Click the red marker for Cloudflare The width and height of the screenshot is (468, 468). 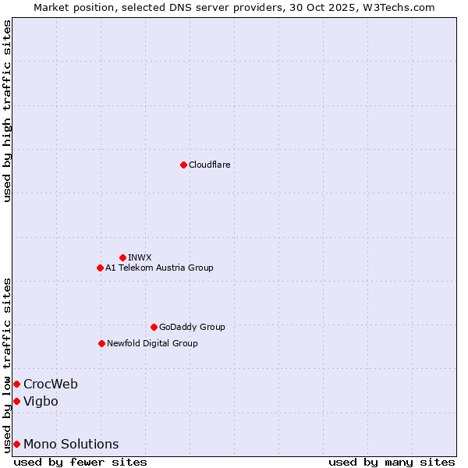point(183,165)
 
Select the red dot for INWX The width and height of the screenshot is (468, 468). point(122,257)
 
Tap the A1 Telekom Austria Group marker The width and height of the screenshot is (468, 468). point(100,268)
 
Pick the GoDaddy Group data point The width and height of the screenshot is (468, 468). point(154,327)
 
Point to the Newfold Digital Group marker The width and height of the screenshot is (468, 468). point(101,343)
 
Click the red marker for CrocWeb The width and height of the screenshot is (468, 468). point(16,384)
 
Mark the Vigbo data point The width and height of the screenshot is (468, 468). point(16,401)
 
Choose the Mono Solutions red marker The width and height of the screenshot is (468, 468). point(16,444)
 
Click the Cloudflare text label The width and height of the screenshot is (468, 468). point(209,165)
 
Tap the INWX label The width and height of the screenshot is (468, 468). point(140,257)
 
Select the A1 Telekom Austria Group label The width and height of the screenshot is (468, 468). point(159,268)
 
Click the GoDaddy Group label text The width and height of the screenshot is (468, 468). point(192,327)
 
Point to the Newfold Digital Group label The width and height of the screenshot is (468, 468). point(152,343)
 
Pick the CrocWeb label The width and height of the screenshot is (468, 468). point(51,384)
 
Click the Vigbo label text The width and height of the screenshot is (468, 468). point(41,401)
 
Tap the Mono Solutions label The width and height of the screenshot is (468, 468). point(71,444)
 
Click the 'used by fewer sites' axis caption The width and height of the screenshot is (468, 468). point(80,462)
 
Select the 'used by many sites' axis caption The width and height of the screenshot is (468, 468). point(392,462)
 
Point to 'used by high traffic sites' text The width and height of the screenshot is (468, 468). point(7,111)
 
